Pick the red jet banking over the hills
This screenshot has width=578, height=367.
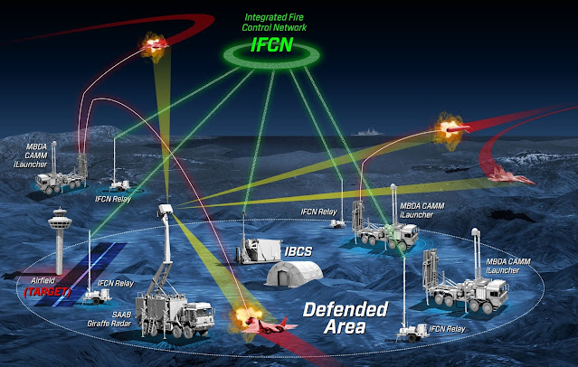tap(506, 177)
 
